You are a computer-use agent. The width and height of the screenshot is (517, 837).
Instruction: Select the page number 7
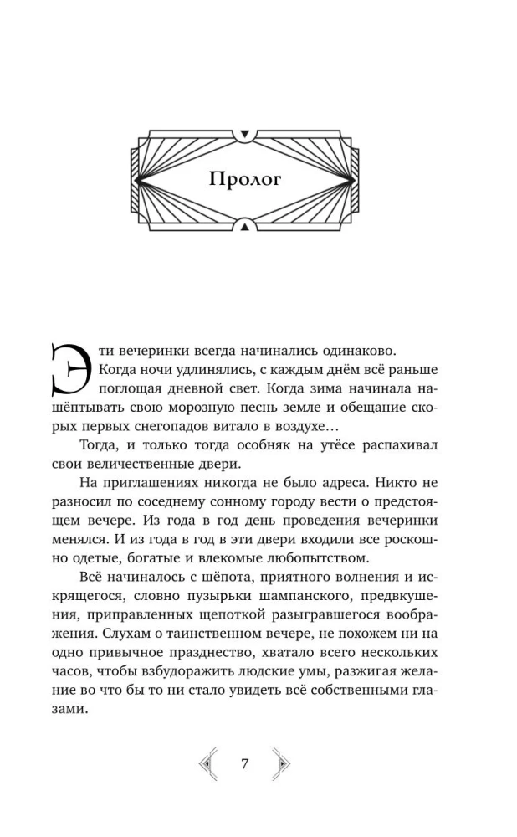244,763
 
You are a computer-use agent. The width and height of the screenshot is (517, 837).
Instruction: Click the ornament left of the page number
207,763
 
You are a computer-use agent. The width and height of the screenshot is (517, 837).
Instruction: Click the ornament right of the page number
282,763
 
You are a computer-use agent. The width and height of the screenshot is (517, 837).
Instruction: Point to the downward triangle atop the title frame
244,133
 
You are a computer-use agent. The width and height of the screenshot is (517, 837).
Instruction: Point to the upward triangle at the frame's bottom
244,224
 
